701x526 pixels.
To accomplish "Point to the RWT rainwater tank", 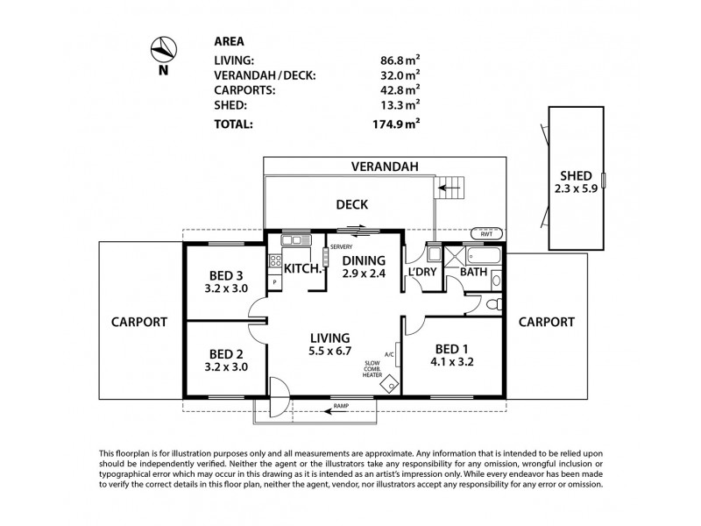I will click(485, 234).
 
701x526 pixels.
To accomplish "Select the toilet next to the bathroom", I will click(494, 303).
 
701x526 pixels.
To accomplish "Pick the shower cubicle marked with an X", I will click(453, 257).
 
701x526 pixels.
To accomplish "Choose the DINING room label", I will click(362, 260).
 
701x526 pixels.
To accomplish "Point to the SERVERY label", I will click(342, 246).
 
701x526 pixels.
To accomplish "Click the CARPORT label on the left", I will click(138, 322).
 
